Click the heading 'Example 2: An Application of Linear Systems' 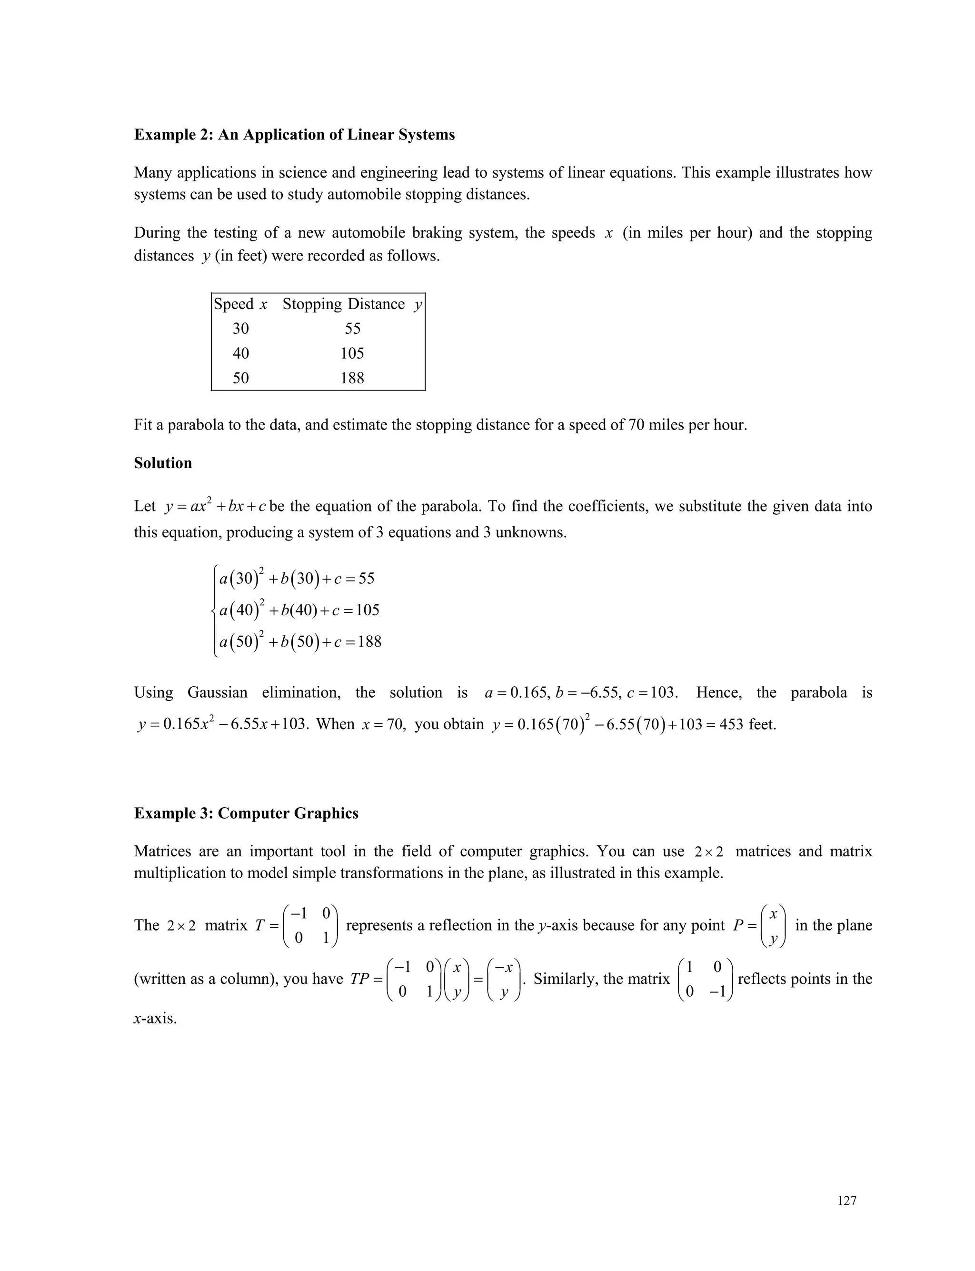point(294,135)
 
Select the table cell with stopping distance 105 point(352,353)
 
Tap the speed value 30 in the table point(240,329)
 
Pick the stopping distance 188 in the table point(352,379)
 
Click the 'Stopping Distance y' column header point(352,304)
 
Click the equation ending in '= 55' point(297,579)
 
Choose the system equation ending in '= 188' point(300,642)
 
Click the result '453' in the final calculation point(731,725)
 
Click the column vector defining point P point(773,926)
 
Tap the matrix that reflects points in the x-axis point(705,980)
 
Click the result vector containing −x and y point(504,980)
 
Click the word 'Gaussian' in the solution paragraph point(217,693)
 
